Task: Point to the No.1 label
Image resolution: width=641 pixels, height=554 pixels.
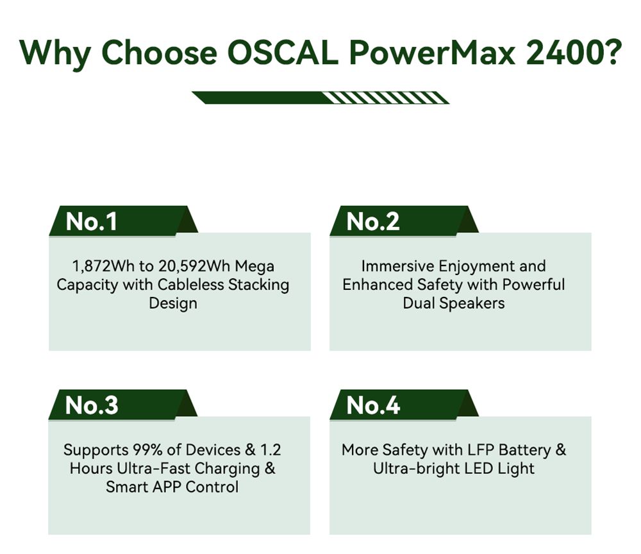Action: pos(92,221)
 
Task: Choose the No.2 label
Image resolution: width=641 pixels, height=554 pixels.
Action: pos(372,221)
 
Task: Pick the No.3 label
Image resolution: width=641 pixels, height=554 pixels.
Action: pos(92,405)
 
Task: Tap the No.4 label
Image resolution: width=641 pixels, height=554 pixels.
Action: pos(373,405)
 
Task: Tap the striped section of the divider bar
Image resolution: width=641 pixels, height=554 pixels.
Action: pos(385,97)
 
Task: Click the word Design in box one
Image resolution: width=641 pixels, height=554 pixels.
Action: pos(173,303)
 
